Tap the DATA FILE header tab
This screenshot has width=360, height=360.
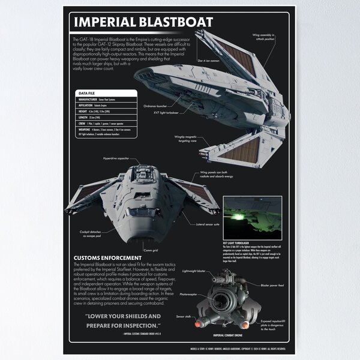coord(87,93)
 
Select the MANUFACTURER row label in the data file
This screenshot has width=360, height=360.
coord(88,102)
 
